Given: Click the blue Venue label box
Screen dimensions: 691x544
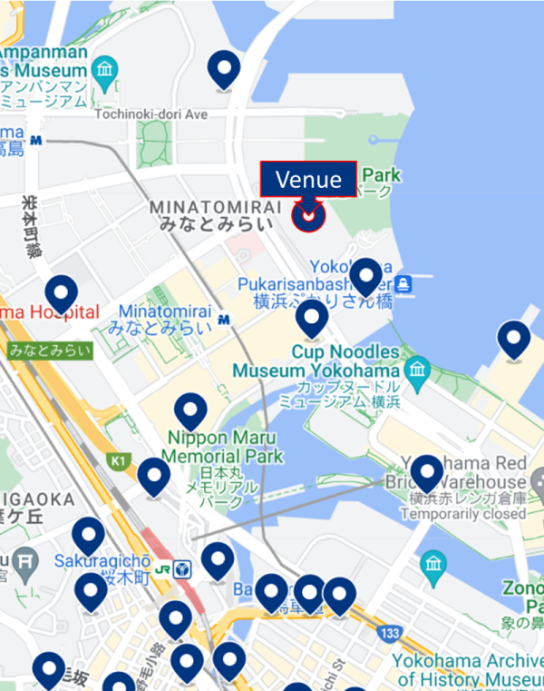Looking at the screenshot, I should click(308, 179).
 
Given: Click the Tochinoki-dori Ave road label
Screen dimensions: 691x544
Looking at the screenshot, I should click(152, 114).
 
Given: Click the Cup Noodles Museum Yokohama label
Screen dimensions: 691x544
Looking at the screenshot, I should click(316, 361).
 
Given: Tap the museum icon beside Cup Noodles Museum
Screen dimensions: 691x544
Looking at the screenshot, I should click(417, 369).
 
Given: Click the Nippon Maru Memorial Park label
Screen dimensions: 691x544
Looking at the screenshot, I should click(224, 447).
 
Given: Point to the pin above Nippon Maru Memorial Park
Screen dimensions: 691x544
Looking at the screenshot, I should click(190, 410).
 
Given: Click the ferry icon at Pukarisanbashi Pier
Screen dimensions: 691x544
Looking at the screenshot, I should click(404, 284).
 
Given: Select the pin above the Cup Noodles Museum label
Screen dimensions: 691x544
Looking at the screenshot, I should click(312, 319).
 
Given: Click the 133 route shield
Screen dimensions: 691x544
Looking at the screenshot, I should click(391, 632).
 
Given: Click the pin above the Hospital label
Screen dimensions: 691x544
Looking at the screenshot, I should click(62, 293).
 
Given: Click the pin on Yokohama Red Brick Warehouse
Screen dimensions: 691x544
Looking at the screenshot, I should click(426, 472).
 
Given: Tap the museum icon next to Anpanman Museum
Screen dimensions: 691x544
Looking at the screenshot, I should click(106, 69).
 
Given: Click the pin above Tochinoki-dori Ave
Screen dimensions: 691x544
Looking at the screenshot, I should click(223, 68).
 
